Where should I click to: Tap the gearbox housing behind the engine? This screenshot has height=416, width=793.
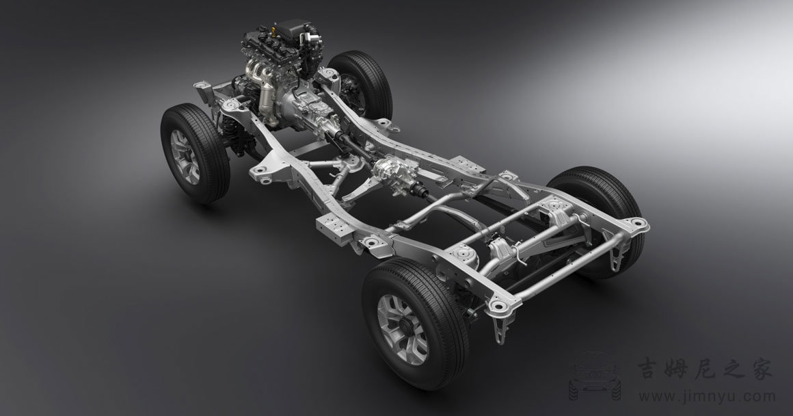308,106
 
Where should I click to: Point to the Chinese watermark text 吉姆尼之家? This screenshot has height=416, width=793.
705,367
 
